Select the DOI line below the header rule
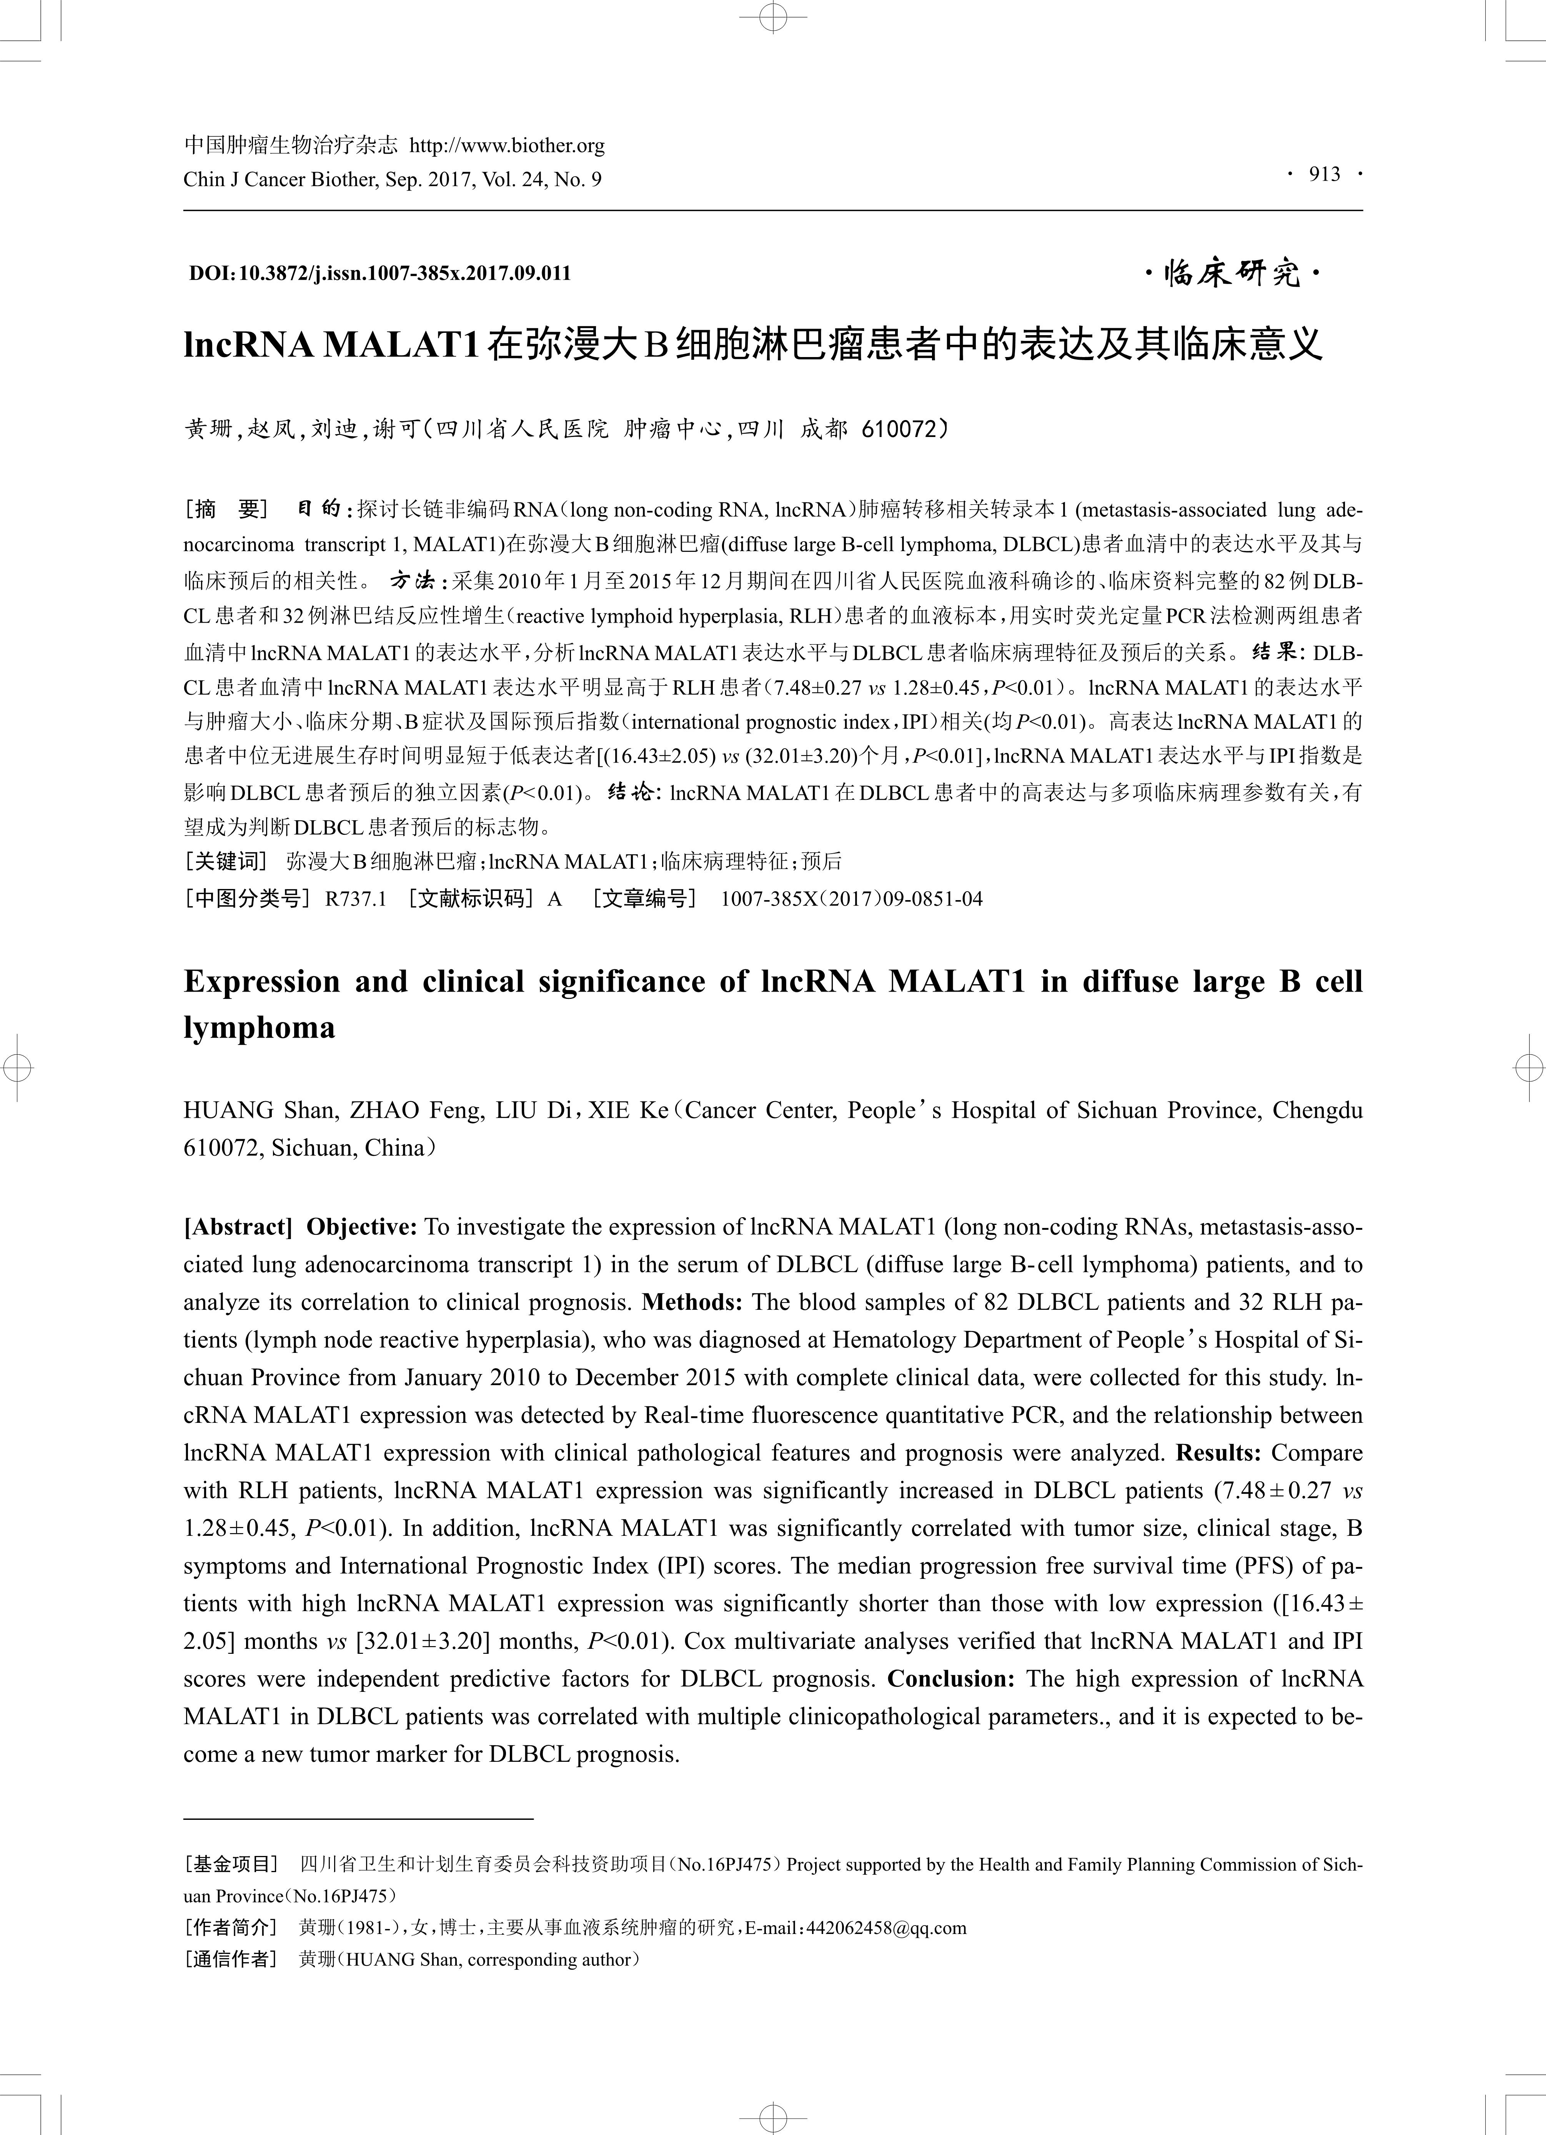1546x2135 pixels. [x=380, y=274]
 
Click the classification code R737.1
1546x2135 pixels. [x=356, y=899]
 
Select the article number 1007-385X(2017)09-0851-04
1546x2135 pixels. [x=851, y=899]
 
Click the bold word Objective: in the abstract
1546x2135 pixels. [x=361, y=1228]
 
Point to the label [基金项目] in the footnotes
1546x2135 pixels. [x=231, y=1865]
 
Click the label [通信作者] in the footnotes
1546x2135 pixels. [x=231, y=1960]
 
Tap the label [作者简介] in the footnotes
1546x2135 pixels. [x=231, y=1928]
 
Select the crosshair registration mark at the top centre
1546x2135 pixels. [x=773, y=17]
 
